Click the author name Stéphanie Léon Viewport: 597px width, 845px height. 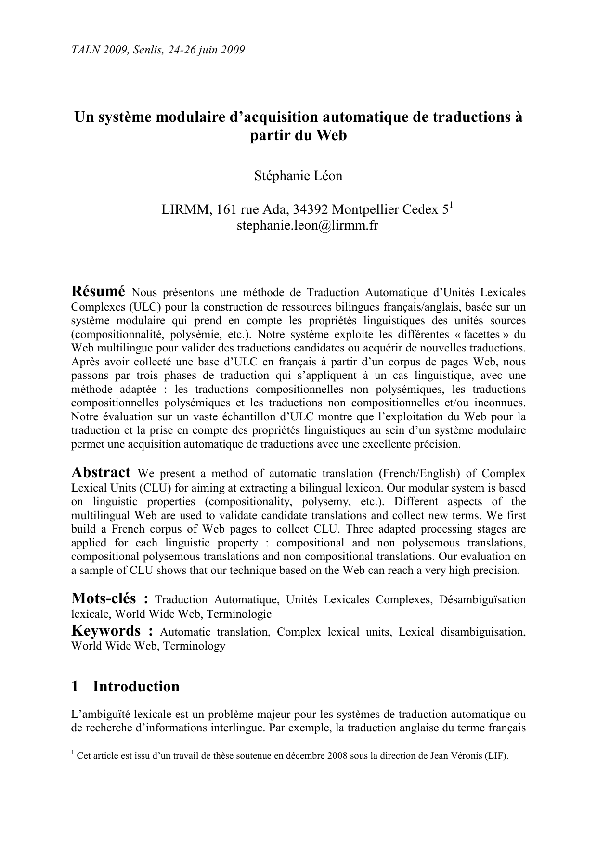[x=298, y=176]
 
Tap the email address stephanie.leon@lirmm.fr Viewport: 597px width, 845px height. [x=307, y=225]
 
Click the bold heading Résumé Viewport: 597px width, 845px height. [x=98, y=291]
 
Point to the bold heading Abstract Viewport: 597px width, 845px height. [x=101, y=472]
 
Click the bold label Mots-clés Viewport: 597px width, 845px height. [x=104, y=598]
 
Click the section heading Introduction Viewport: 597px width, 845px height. [x=136, y=686]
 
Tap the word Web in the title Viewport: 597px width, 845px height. [x=331, y=135]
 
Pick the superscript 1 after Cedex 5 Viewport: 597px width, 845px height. [x=451, y=206]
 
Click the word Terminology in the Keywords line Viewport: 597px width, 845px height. [x=194, y=646]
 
